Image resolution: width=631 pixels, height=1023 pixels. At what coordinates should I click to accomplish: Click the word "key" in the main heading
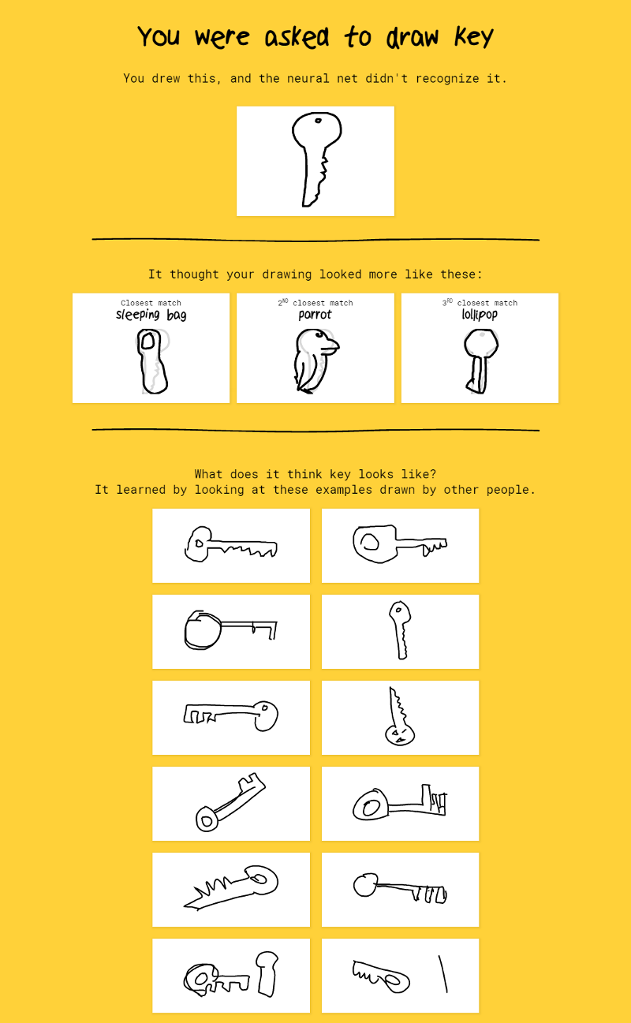(473, 36)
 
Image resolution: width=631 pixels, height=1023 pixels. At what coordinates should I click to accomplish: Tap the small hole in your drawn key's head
(318, 121)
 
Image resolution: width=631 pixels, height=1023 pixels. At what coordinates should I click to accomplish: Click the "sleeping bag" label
(151, 315)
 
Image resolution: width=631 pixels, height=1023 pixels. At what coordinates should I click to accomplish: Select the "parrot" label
(315, 315)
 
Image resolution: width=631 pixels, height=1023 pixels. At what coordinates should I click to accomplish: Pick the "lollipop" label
(480, 314)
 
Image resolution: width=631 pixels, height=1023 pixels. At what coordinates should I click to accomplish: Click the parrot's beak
(332, 346)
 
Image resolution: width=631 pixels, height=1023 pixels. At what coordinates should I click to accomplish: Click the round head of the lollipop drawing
(481, 343)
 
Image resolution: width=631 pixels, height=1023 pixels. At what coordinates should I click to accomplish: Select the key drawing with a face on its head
(399, 716)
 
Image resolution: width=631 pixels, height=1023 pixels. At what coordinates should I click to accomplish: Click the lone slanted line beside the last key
(443, 975)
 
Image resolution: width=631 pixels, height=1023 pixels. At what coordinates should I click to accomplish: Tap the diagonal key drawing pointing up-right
(230, 802)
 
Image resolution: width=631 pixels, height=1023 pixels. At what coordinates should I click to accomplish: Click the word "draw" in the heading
(413, 36)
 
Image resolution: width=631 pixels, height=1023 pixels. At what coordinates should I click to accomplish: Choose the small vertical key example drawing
(400, 630)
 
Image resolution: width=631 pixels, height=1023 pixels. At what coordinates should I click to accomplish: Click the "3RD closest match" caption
(480, 302)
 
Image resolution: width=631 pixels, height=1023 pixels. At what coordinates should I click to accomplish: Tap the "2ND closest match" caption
(315, 302)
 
